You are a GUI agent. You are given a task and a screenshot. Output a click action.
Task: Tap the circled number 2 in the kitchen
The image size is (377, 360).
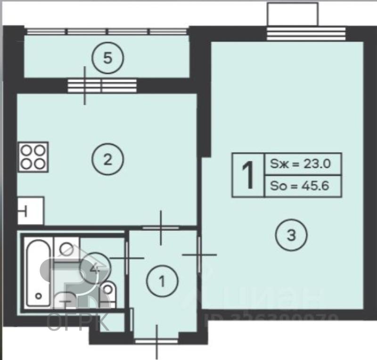click(x=107, y=159)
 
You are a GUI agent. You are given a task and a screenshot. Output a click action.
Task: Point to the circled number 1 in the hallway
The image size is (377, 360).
click(x=162, y=282)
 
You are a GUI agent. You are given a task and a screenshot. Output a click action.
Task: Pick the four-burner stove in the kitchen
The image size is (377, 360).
click(x=33, y=156)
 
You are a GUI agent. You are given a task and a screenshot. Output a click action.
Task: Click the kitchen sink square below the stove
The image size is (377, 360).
click(x=31, y=211)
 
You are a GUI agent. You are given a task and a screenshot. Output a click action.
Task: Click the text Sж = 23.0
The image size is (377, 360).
click(x=300, y=164)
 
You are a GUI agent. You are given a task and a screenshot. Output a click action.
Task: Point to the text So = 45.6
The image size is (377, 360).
click(x=300, y=186)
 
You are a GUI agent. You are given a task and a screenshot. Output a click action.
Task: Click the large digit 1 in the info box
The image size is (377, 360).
click(x=248, y=175)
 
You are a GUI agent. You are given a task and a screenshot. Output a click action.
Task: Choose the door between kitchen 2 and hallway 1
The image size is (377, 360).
click(x=161, y=228)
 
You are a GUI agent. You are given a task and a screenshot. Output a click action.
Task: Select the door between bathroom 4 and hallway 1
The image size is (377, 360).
click(x=126, y=258)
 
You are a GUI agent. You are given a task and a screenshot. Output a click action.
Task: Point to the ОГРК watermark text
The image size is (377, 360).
click(x=78, y=322)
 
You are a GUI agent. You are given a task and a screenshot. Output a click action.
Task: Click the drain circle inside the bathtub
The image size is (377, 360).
click(x=38, y=296)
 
